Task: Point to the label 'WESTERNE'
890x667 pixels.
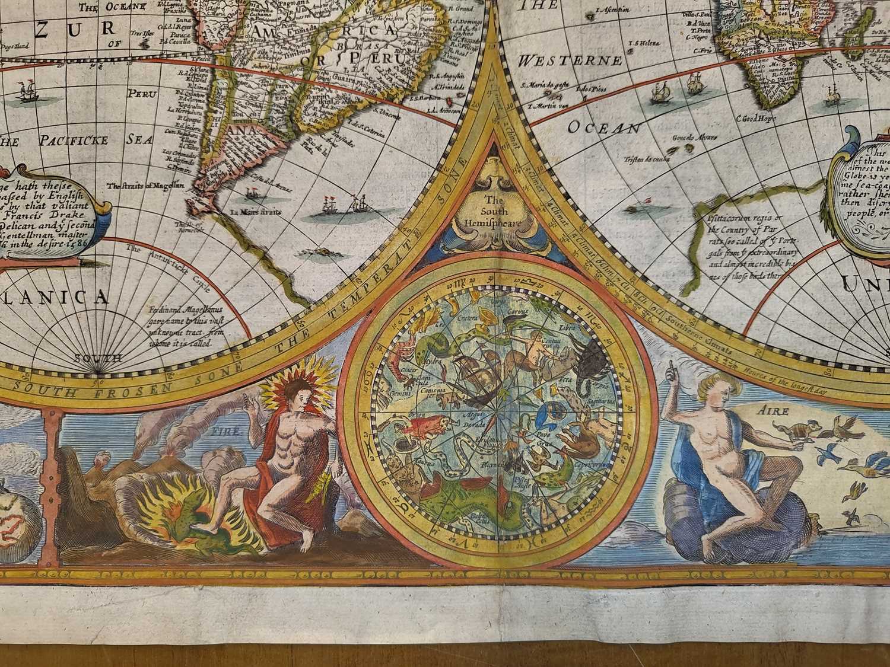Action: tap(571, 61)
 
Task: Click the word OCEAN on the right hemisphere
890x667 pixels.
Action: tap(603, 127)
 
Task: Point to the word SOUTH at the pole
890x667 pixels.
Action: tap(98, 358)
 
